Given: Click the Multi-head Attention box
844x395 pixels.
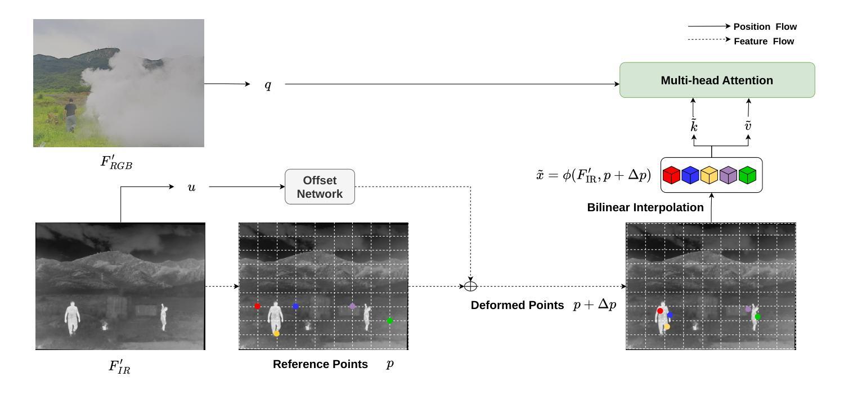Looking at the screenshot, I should pyautogui.click(x=717, y=80).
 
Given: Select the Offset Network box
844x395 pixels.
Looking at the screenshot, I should pyautogui.click(x=320, y=187).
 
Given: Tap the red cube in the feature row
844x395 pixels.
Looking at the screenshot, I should pyautogui.click(x=672, y=175).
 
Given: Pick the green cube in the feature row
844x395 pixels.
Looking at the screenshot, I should pyautogui.click(x=747, y=175).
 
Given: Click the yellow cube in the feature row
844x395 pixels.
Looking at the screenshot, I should pyautogui.click(x=709, y=175).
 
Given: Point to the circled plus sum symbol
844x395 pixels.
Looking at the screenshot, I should pyautogui.click(x=470, y=287).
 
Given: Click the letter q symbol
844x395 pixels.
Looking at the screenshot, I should pyautogui.click(x=268, y=85).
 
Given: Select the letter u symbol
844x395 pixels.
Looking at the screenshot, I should pyautogui.click(x=191, y=187).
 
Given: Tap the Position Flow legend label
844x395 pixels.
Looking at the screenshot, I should pyautogui.click(x=765, y=26).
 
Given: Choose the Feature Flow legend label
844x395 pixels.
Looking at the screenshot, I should pyautogui.click(x=764, y=41).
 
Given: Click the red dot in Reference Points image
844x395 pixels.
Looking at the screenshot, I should pyautogui.click(x=258, y=306).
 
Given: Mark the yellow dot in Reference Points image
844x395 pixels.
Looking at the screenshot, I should pyautogui.click(x=276, y=334).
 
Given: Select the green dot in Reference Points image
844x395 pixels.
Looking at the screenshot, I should pyautogui.click(x=389, y=321).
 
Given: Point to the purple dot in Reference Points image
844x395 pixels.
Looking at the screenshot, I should pyautogui.click(x=352, y=306).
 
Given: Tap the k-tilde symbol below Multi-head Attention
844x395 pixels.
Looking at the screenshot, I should pyautogui.click(x=694, y=126).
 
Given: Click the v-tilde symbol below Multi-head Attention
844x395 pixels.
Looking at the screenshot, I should pyautogui.click(x=748, y=126).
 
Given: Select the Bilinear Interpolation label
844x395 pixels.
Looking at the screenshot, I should pyautogui.click(x=645, y=207).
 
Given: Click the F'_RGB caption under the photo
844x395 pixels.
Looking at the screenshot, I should pyautogui.click(x=117, y=162).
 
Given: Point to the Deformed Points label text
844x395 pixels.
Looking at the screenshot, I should pyautogui.click(x=517, y=305).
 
